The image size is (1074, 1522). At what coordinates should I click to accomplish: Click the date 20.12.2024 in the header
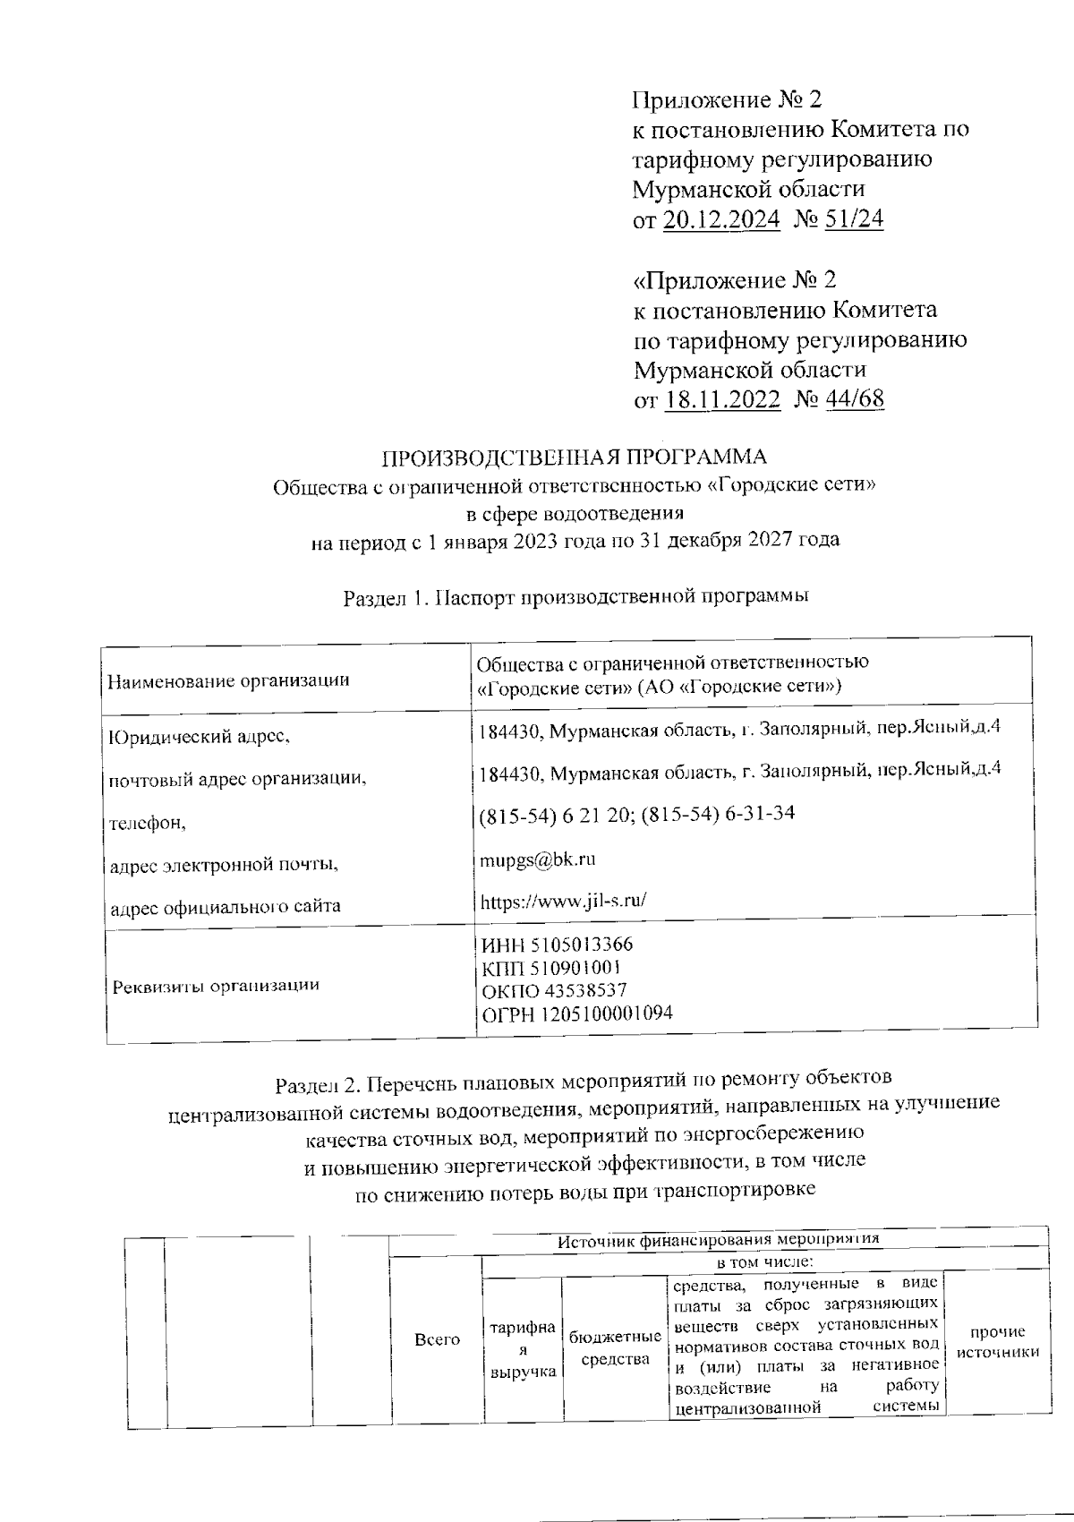[721, 219]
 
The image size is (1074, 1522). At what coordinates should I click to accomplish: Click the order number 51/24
[854, 219]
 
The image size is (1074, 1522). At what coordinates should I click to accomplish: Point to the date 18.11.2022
[723, 399]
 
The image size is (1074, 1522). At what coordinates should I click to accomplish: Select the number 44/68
[855, 399]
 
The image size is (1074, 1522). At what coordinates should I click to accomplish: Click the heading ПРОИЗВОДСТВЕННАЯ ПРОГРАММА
[575, 457]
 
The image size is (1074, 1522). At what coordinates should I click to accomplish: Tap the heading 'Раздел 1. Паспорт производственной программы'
[576, 597]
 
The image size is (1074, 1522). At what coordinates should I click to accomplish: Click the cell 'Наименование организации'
[228, 680]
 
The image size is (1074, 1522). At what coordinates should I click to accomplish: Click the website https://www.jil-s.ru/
[563, 901]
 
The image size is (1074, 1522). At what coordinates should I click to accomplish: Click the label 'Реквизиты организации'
[216, 986]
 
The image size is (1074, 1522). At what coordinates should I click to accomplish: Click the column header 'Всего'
[438, 1339]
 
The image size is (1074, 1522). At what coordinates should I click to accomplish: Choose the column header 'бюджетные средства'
[615, 1348]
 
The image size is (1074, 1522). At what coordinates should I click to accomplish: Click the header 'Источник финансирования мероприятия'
[719, 1240]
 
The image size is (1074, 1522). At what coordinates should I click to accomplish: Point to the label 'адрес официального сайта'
[225, 906]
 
